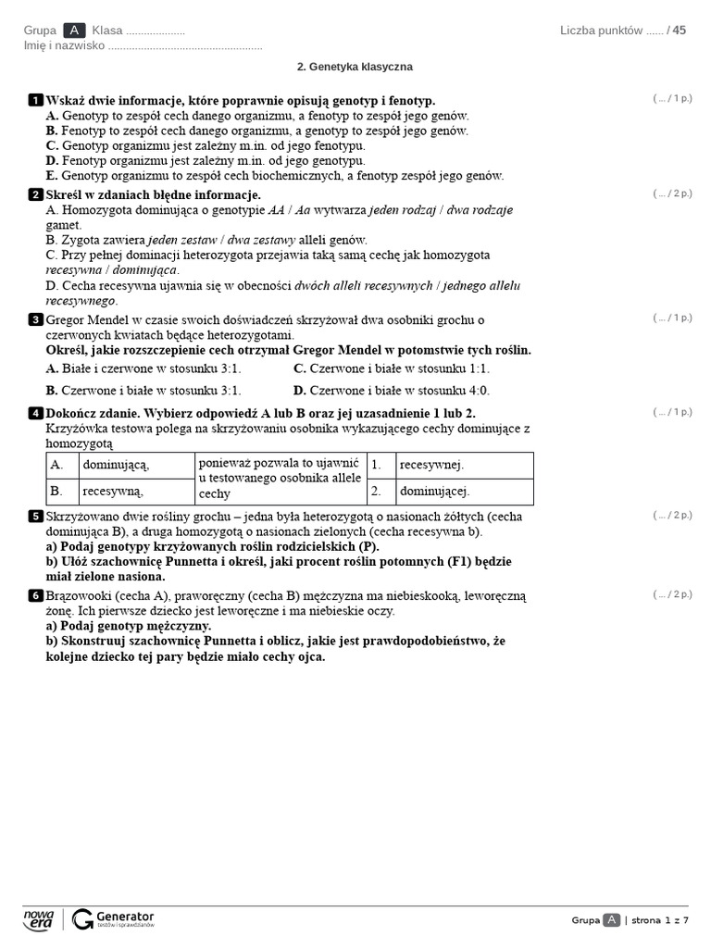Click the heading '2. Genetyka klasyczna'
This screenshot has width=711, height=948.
355,67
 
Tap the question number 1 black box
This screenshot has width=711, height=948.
35,100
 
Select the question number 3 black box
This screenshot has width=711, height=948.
35,319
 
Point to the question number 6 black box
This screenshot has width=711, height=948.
35,595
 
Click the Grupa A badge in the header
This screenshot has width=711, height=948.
74,31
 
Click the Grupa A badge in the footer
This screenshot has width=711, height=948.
611,919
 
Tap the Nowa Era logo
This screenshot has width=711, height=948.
39,919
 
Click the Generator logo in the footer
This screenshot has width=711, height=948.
114,919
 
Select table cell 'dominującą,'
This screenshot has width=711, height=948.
116,465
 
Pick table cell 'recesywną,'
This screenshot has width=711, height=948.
113,492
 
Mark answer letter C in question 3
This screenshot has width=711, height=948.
300,368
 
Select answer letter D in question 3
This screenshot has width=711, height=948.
300,391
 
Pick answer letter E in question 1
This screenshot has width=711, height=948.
52,176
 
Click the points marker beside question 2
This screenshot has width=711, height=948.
672,193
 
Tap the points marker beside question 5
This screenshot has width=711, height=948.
672,515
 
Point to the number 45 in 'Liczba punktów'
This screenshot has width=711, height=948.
680,31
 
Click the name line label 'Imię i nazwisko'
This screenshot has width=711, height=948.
64,45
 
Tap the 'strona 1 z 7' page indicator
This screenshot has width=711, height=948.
661,919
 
